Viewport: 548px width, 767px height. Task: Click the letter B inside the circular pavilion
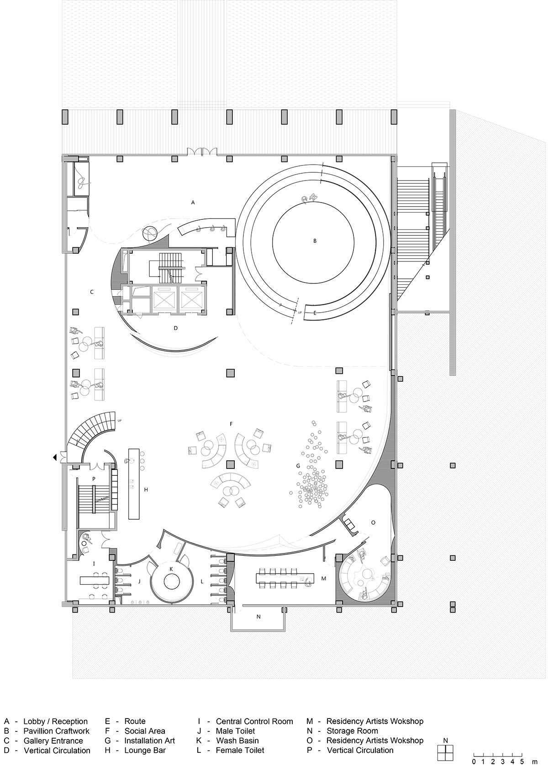315,241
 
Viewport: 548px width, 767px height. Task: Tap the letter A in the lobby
193,202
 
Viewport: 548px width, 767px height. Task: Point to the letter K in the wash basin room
171,569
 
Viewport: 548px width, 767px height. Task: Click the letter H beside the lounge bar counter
146,490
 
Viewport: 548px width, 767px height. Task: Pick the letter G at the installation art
298,466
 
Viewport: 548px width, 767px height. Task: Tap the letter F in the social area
231,424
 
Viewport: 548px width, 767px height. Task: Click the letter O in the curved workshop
373,522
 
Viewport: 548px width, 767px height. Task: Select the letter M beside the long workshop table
324,578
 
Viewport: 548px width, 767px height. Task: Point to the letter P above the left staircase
93,479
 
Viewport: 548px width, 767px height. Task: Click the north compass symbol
445,746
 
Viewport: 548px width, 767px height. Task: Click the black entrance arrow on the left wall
54,457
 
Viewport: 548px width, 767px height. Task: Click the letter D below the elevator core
175,328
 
